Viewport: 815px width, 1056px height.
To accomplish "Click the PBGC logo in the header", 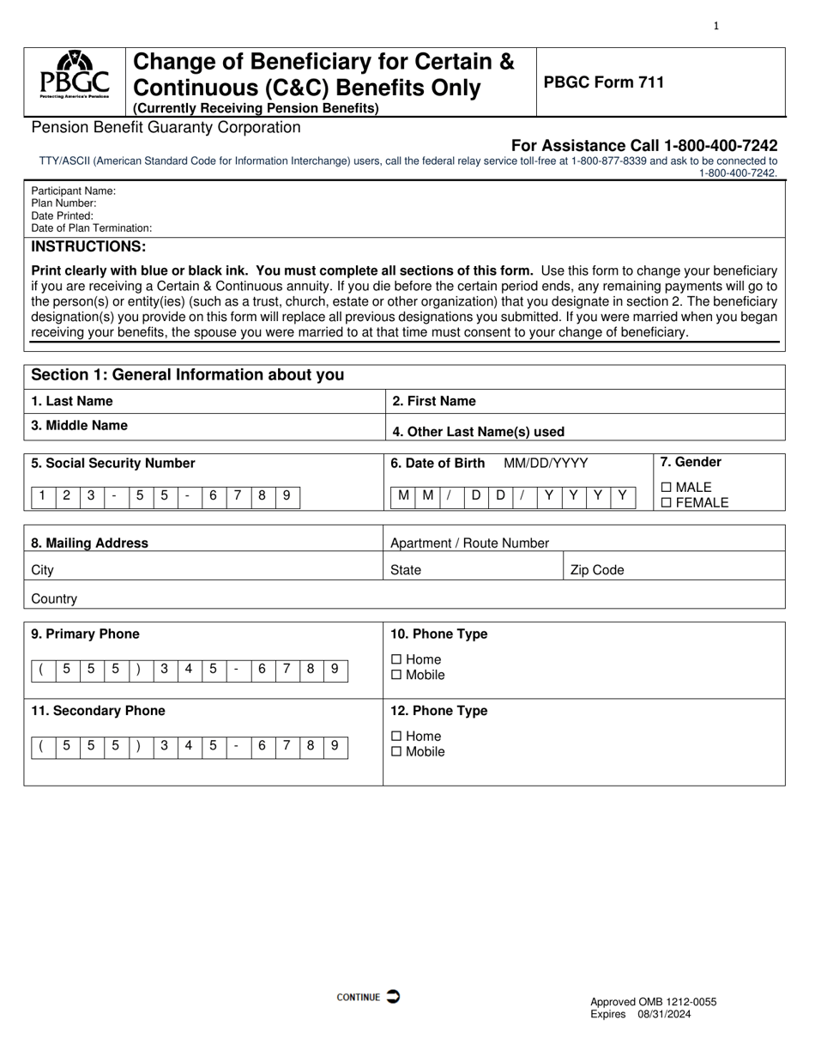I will tap(75, 76).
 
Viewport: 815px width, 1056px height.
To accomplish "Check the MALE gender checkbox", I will tap(667, 488).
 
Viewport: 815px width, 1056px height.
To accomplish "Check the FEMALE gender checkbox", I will tap(667, 503).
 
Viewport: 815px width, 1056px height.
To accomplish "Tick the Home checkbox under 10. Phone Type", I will tap(395, 659).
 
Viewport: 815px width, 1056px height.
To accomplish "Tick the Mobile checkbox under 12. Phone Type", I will tap(395, 752).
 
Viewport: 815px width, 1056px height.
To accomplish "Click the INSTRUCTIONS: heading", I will tap(88, 246).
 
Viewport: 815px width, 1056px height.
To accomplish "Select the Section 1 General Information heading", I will tap(187, 375).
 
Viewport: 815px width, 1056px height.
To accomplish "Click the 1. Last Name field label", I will tap(72, 401).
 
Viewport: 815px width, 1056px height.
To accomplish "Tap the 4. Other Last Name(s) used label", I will tap(478, 432).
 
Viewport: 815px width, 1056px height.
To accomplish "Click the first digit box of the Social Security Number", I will tap(43, 495).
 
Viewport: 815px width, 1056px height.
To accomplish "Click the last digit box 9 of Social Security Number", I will tap(287, 495).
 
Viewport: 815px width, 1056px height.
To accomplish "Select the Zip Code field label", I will tap(597, 570).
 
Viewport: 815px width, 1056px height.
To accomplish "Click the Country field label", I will tap(54, 598).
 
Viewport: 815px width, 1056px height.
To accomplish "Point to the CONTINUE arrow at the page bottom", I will tap(392, 997).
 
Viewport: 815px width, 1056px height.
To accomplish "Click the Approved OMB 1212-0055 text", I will tap(653, 1002).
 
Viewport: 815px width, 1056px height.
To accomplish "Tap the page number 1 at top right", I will tap(716, 26).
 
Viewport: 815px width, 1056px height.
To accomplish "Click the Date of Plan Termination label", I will tap(92, 228).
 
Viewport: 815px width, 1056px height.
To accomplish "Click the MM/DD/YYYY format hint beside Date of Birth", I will tap(546, 464).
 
